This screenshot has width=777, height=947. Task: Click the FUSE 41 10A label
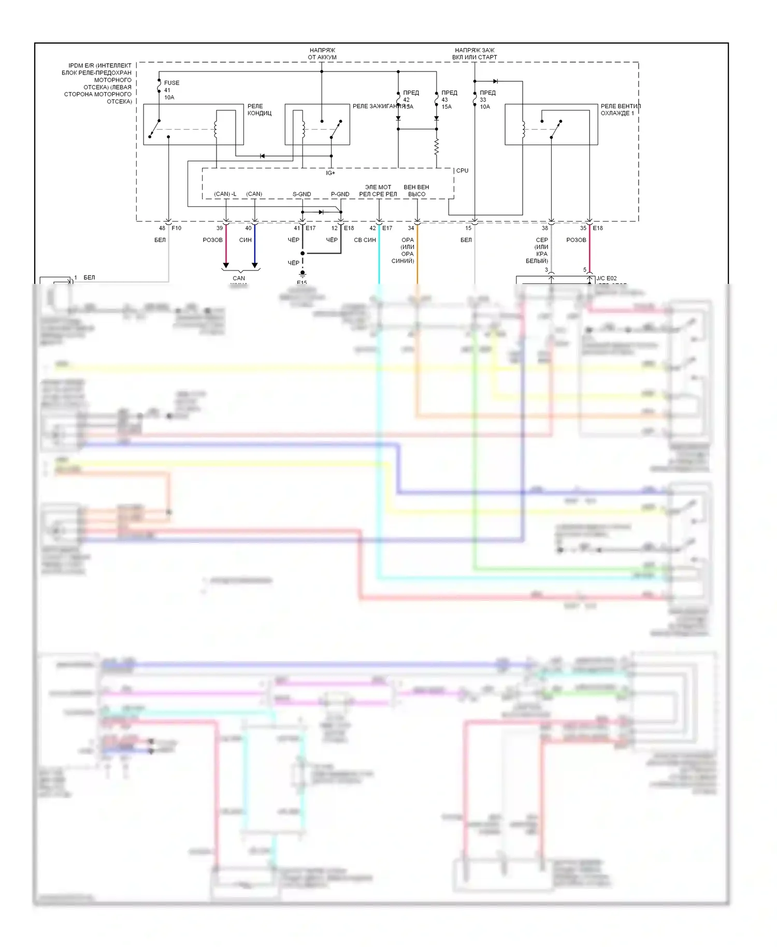click(x=171, y=90)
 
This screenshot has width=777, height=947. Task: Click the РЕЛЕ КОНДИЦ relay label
click(x=259, y=109)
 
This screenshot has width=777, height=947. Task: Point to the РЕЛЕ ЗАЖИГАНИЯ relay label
click(x=378, y=106)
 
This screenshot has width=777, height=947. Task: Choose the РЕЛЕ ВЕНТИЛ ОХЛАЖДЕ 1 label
click(x=620, y=109)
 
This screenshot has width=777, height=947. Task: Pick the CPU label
click(x=462, y=170)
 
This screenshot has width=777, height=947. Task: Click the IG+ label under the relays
click(x=330, y=173)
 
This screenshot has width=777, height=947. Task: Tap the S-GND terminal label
click(x=301, y=194)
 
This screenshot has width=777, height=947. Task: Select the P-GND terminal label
click(x=340, y=194)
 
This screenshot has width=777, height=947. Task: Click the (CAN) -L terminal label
click(x=225, y=194)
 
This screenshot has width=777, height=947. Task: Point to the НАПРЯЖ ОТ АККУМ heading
click(x=322, y=53)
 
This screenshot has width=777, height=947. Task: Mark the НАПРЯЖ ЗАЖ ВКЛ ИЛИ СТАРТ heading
click(x=474, y=53)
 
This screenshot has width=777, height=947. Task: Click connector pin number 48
click(x=162, y=228)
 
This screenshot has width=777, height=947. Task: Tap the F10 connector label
click(x=177, y=228)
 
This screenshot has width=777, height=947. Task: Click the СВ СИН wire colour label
click(x=365, y=240)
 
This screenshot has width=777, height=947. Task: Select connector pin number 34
click(x=411, y=228)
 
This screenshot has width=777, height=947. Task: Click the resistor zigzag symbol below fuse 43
click(x=437, y=147)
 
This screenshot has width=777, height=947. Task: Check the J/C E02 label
click(x=607, y=278)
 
